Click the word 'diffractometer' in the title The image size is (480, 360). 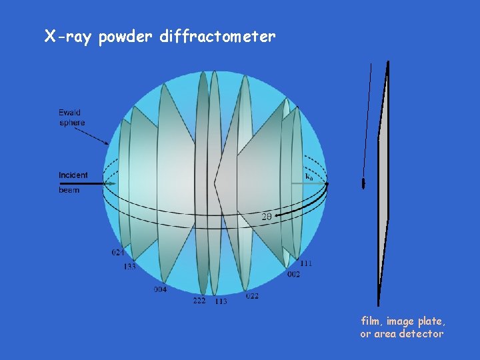point(217,37)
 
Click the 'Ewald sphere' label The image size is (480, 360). point(71,117)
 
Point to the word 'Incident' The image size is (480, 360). point(73,175)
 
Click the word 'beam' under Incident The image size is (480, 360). point(69,190)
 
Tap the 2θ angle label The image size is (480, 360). point(266,216)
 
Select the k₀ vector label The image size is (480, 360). point(309,177)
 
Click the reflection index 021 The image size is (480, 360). point(118,253)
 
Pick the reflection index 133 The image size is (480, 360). point(129,267)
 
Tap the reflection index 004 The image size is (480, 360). point(160,289)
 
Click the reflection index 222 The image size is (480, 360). point(199,301)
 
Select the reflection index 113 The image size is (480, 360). point(221,301)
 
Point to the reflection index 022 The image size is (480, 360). point(252,296)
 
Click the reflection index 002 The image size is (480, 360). point(293,275)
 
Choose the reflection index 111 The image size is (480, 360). point(306,263)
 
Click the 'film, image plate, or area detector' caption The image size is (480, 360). point(402,327)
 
